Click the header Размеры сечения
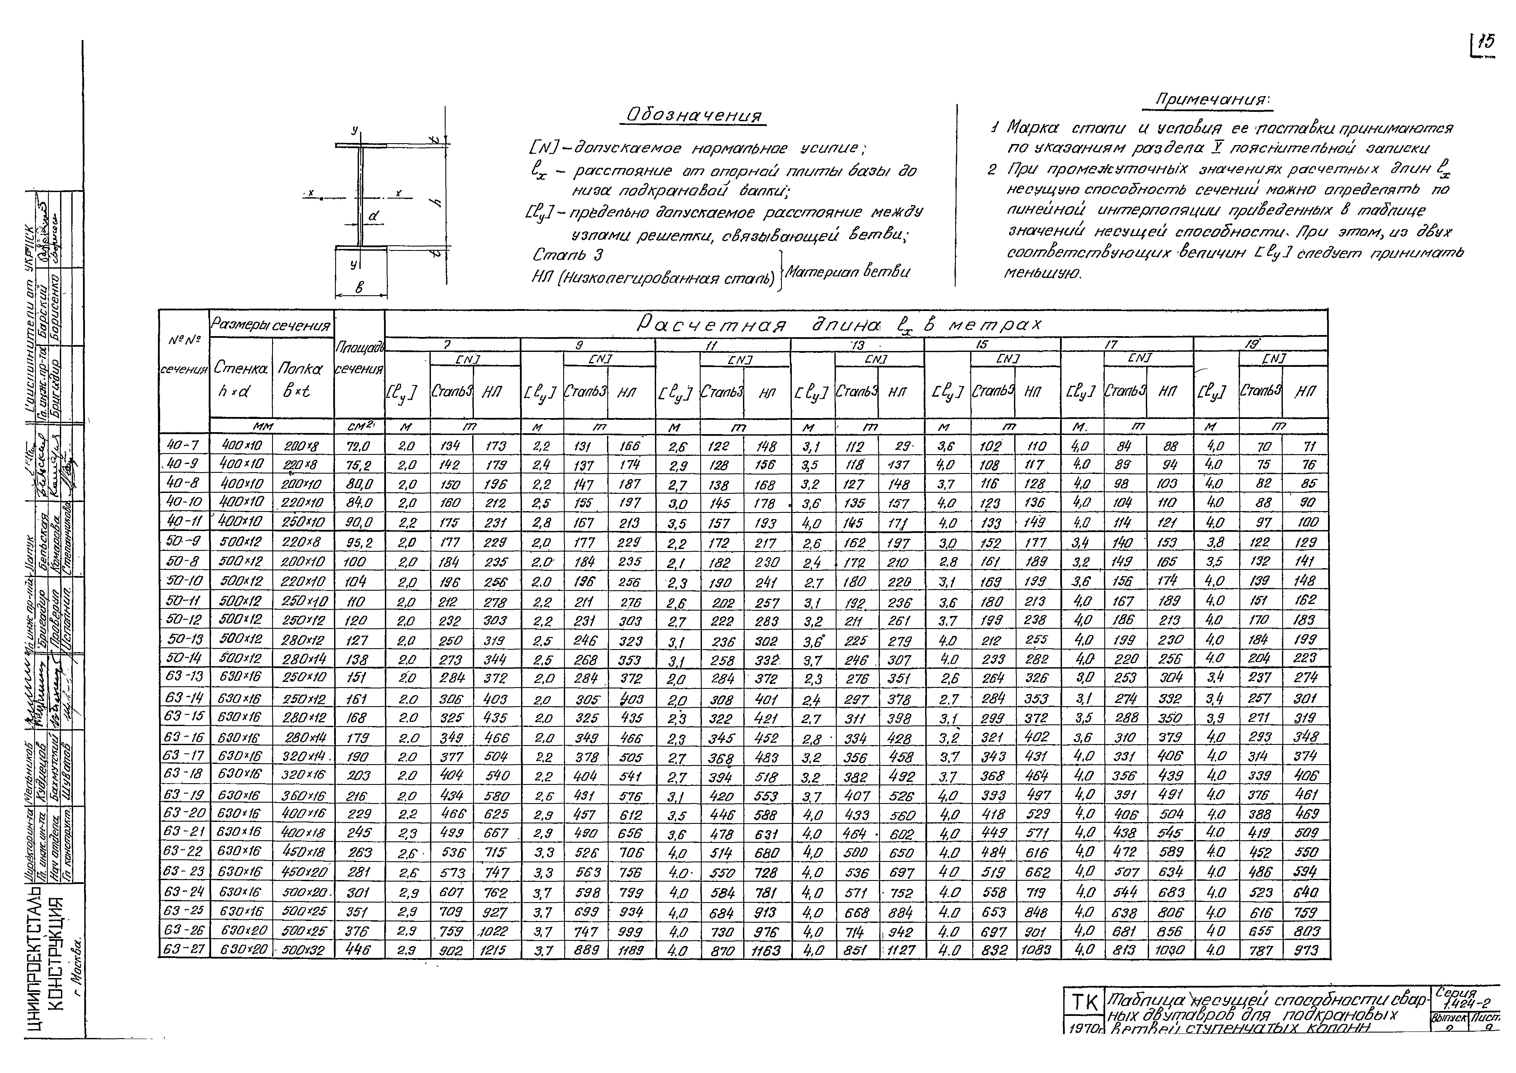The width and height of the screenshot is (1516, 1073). [x=271, y=325]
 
